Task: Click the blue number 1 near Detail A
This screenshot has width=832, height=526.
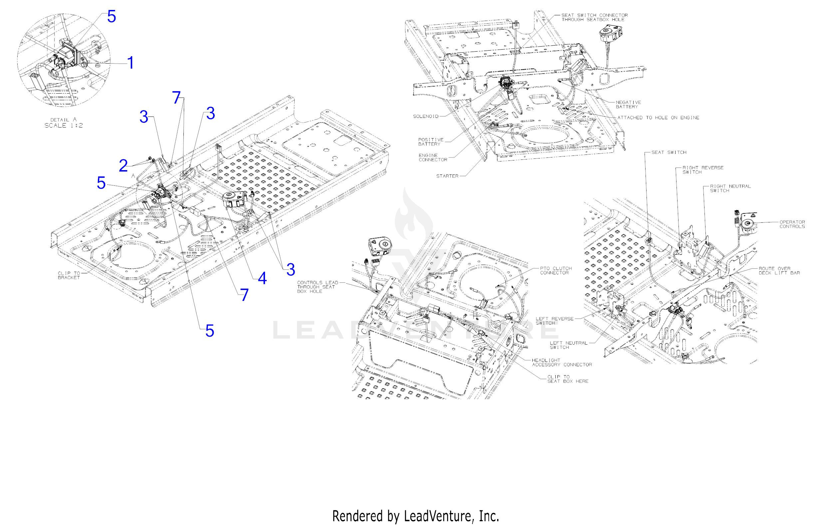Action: (x=130, y=63)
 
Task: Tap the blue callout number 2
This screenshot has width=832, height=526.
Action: (x=123, y=166)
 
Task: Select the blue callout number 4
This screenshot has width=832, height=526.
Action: (x=262, y=278)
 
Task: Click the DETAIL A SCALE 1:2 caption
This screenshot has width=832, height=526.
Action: (x=64, y=123)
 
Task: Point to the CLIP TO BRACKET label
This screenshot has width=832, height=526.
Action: (x=69, y=275)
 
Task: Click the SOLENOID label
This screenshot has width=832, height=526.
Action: (x=426, y=117)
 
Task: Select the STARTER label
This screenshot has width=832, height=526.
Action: (x=447, y=176)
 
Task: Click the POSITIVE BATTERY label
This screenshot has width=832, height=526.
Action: (x=431, y=142)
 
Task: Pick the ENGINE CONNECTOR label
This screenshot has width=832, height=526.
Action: (x=433, y=157)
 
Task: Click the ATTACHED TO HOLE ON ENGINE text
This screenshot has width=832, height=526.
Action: (x=658, y=118)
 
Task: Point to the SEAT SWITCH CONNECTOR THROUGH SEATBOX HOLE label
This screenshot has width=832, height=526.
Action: (x=594, y=17)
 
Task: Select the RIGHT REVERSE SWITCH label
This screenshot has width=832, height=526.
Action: (x=703, y=170)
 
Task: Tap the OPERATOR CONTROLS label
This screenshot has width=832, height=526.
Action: (x=792, y=224)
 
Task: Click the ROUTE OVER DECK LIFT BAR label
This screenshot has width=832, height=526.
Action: (x=779, y=271)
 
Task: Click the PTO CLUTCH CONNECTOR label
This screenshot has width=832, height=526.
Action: (x=556, y=271)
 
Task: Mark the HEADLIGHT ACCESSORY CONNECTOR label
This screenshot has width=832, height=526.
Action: (x=562, y=362)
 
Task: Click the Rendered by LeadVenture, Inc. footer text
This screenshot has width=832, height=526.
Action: (x=416, y=516)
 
